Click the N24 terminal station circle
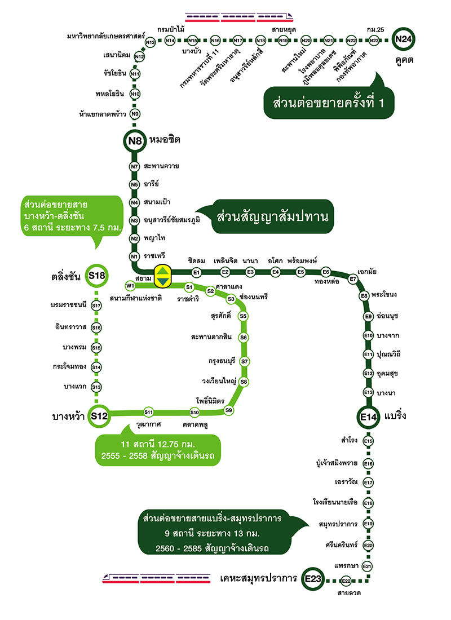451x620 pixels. click(404, 39)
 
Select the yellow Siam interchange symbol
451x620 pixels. click(162, 274)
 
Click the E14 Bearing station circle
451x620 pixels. click(368, 417)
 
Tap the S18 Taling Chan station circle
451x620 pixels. click(96, 276)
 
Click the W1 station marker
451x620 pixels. click(131, 285)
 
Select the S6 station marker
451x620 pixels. click(244, 338)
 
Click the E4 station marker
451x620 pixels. click(276, 272)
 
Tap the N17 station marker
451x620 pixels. click(238, 41)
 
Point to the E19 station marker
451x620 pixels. click(368, 524)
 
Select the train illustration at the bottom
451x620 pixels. click(156, 578)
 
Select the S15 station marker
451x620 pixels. click(96, 348)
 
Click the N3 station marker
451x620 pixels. click(134, 220)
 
